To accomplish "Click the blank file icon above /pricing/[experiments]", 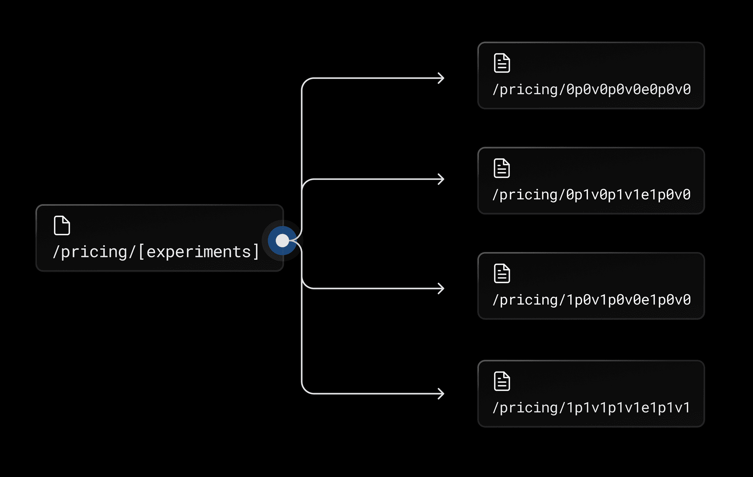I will [x=62, y=225].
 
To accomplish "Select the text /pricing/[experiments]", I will [x=156, y=252].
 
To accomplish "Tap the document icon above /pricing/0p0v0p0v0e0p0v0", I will [x=502, y=63].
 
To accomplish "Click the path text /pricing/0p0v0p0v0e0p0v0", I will [x=591, y=89].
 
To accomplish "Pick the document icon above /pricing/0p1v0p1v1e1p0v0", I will [x=502, y=168].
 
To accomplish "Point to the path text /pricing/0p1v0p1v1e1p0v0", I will [x=591, y=194].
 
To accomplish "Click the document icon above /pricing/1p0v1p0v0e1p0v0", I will [x=502, y=273].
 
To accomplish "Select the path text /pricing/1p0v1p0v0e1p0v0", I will [x=591, y=300].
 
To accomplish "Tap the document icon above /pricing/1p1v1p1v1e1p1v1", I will [x=502, y=381].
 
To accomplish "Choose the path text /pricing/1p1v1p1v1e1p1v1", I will [x=591, y=408].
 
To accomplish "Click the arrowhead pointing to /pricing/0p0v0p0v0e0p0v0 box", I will [x=441, y=78].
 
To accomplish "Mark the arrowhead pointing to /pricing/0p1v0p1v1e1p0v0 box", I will [x=441, y=179].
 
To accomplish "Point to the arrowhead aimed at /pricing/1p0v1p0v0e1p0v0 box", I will [x=441, y=288].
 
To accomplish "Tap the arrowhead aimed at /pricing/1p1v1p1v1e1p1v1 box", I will [x=441, y=394].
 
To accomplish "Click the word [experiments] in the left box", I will [x=198, y=252].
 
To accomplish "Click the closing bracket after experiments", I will [x=256, y=252].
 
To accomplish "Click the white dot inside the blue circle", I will [x=282, y=241].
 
